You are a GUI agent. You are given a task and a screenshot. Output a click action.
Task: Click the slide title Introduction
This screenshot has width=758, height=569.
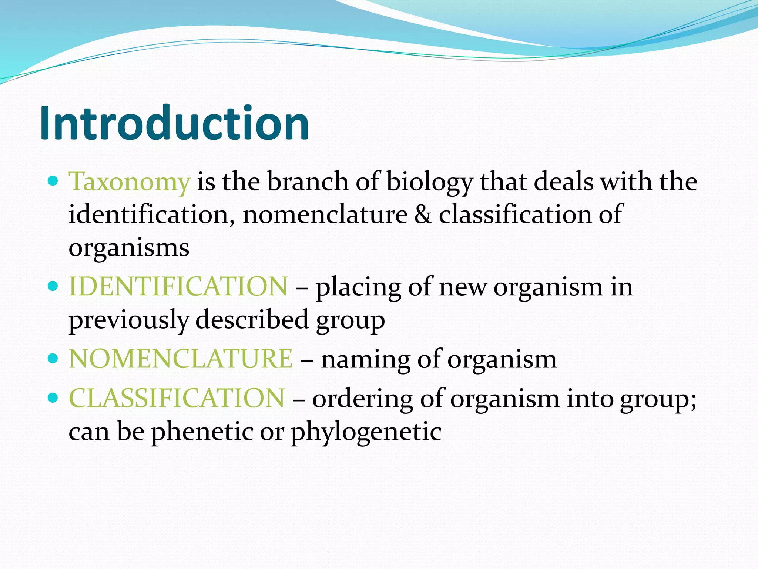pos(174,123)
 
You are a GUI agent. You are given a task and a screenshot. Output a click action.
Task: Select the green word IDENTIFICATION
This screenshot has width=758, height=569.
pos(178,286)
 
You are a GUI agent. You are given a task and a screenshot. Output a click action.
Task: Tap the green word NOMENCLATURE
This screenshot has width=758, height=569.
pos(181,359)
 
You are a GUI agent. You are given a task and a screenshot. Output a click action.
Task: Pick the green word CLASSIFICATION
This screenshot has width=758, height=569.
pos(177,398)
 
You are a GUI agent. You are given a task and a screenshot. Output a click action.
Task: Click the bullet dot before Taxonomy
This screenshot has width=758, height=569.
pos(54,181)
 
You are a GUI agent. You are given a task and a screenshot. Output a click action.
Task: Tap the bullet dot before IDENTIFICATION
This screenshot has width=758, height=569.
pos(54,286)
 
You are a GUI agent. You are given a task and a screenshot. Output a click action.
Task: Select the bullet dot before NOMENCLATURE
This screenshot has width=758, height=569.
pos(54,358)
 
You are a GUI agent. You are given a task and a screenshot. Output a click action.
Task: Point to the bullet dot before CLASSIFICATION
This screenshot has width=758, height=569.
pos(54,398)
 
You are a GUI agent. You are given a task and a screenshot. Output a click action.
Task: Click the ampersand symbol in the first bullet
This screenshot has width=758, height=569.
pos(423,214)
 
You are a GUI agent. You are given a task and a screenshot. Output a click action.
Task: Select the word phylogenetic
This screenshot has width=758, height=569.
pos(366,432)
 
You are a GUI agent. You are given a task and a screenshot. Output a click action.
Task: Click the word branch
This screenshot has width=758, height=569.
pos(308,182)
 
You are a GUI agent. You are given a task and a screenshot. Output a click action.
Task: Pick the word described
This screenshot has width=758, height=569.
pos(252,319)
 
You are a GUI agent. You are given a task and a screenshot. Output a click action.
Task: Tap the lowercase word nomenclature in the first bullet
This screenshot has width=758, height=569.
pos(325,214)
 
